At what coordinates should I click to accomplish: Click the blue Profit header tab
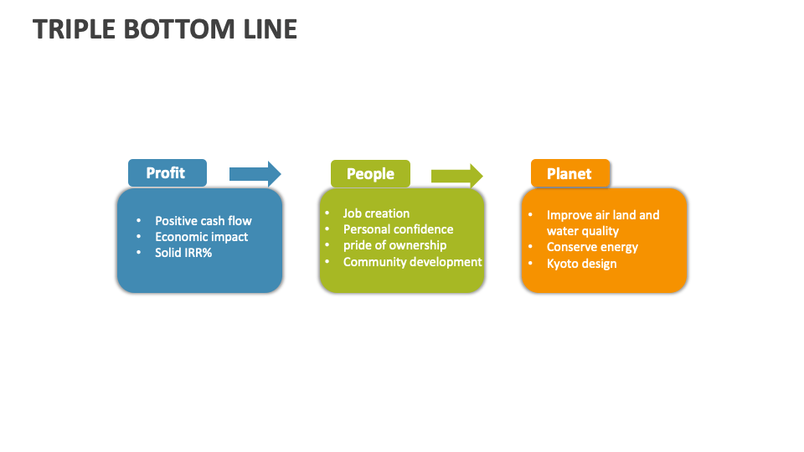(x=166, y=173)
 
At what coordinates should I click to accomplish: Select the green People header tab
(x=370, y=174)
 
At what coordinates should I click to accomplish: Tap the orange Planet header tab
(x=569, y=174)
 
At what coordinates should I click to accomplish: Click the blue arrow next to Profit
(x=255, y=174)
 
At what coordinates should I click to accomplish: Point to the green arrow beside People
(x=456, y=175)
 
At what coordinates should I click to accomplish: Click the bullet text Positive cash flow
(x=203, y=221)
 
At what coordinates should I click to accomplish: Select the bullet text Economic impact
(x=201, y=237)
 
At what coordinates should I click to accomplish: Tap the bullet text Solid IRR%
(x=183, y=253)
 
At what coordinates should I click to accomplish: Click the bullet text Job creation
(x=376, y=213)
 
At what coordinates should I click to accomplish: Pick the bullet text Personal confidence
(x=398, y=229)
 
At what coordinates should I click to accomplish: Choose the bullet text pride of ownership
(x=394, y=245)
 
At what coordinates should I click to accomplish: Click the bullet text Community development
(x=412, y=262)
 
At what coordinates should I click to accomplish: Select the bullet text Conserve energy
(x=592, y=247)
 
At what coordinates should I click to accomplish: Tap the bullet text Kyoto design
(x=581, y=264)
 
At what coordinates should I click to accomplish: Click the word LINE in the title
(x=273, y=29)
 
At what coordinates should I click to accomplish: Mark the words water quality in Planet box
(x=582, y=231)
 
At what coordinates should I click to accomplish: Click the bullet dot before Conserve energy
(x=530, y=247)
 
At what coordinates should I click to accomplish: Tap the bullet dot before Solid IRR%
(x=139, y=253)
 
